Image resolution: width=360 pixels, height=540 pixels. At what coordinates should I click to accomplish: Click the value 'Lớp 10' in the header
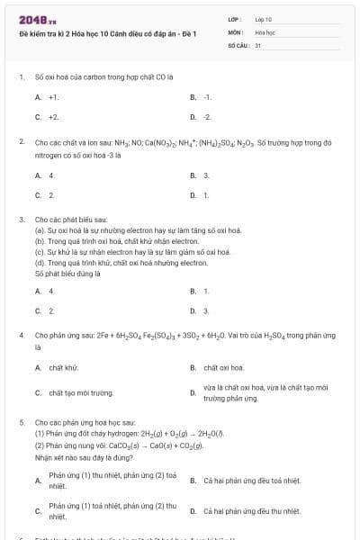tap(264, 18)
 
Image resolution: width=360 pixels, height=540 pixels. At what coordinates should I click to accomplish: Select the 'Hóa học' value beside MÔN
tap(265, 31)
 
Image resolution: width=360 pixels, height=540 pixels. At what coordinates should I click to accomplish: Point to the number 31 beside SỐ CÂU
tap(258, 44)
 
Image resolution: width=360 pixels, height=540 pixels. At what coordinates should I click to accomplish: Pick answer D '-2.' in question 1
tap(206, 117)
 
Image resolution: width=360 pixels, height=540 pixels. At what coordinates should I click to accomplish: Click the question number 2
tap(21, 142)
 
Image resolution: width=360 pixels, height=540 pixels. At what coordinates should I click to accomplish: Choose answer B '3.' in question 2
tap(205, 175)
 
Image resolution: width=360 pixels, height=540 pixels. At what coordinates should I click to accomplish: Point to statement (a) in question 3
tap(137, 230)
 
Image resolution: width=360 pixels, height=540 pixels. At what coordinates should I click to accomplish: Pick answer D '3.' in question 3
tap(205, 310)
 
